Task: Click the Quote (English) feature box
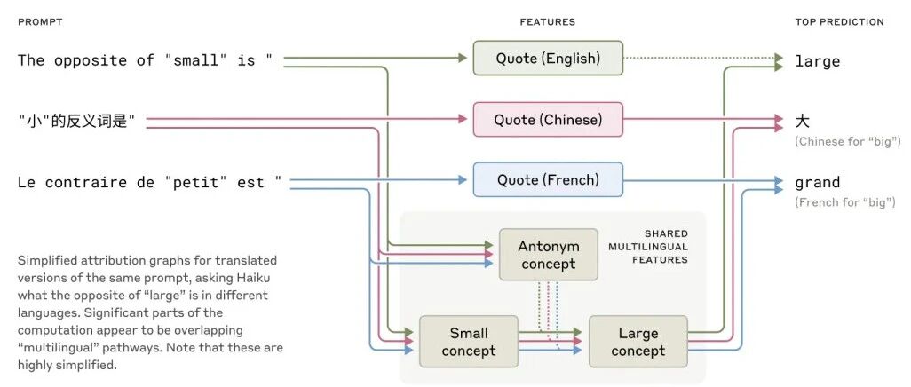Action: point(548,59)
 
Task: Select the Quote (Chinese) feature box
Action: point(548,120)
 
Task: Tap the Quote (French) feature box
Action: point(548,180)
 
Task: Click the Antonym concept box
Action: point(548,255)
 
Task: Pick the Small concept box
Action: point(468,342)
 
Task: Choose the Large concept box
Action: point(638,342)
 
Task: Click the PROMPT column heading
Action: point(40,21)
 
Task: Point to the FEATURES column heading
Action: point(547,21)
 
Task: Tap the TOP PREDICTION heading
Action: point(839,21)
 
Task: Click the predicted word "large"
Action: point(817,61)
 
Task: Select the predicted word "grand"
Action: point(817,183)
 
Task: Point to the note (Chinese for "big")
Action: point(848,141)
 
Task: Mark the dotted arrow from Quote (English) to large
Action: point(697,59)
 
